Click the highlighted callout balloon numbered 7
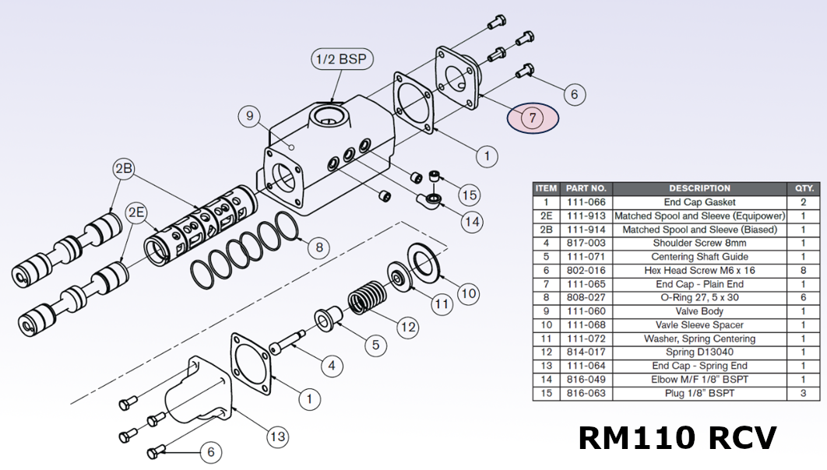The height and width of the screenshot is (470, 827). pyautogui.click(x=533, y=118)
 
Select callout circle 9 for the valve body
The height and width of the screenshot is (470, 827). pyautogui.click(x=250, y=117)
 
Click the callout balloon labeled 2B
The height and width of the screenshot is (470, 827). pyautogui.click(x=125, y=170)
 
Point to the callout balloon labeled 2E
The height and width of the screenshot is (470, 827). pyautogui.click(x=137, y=212)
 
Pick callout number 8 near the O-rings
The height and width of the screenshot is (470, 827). pyautogui.click(x=318, y=248)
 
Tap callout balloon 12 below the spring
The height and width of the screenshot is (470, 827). pyautogui.click(x=407, y=327)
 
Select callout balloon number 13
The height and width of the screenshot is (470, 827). pyautogui.click(x=277, y=437)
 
